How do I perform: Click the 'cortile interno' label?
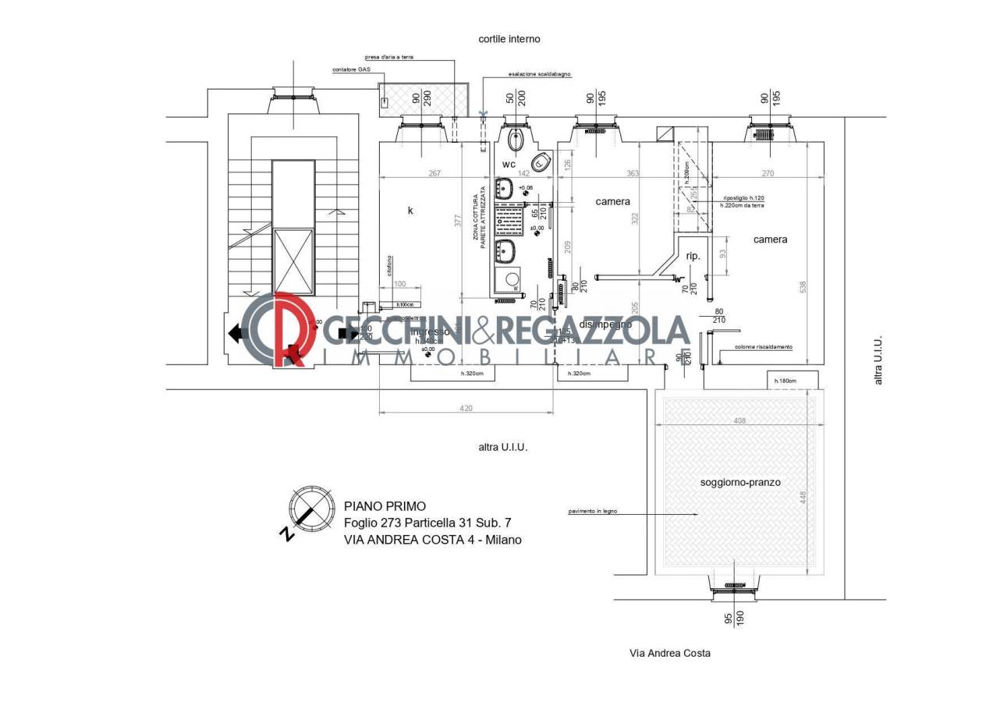coord(509,39)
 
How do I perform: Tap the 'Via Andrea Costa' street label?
coord(669,653)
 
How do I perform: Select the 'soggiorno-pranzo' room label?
coord(739,482)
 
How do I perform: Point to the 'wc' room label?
coord(509,165)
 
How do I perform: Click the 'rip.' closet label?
coord(693,256)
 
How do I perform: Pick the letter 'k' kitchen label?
coord(410,210)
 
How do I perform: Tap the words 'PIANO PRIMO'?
coord(385,506)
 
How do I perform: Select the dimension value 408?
coord(739,420)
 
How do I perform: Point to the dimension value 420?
coord(466,408)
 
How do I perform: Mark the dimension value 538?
coord(803,288)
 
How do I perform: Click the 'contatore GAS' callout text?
coord(351,69)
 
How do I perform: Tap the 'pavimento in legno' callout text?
coord(593,512)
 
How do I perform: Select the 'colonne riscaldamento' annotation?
coord(763,347)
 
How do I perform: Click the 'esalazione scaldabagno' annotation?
coord(540,74)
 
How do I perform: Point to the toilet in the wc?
coord(516,141)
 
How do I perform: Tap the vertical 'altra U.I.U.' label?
coord(878,360)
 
